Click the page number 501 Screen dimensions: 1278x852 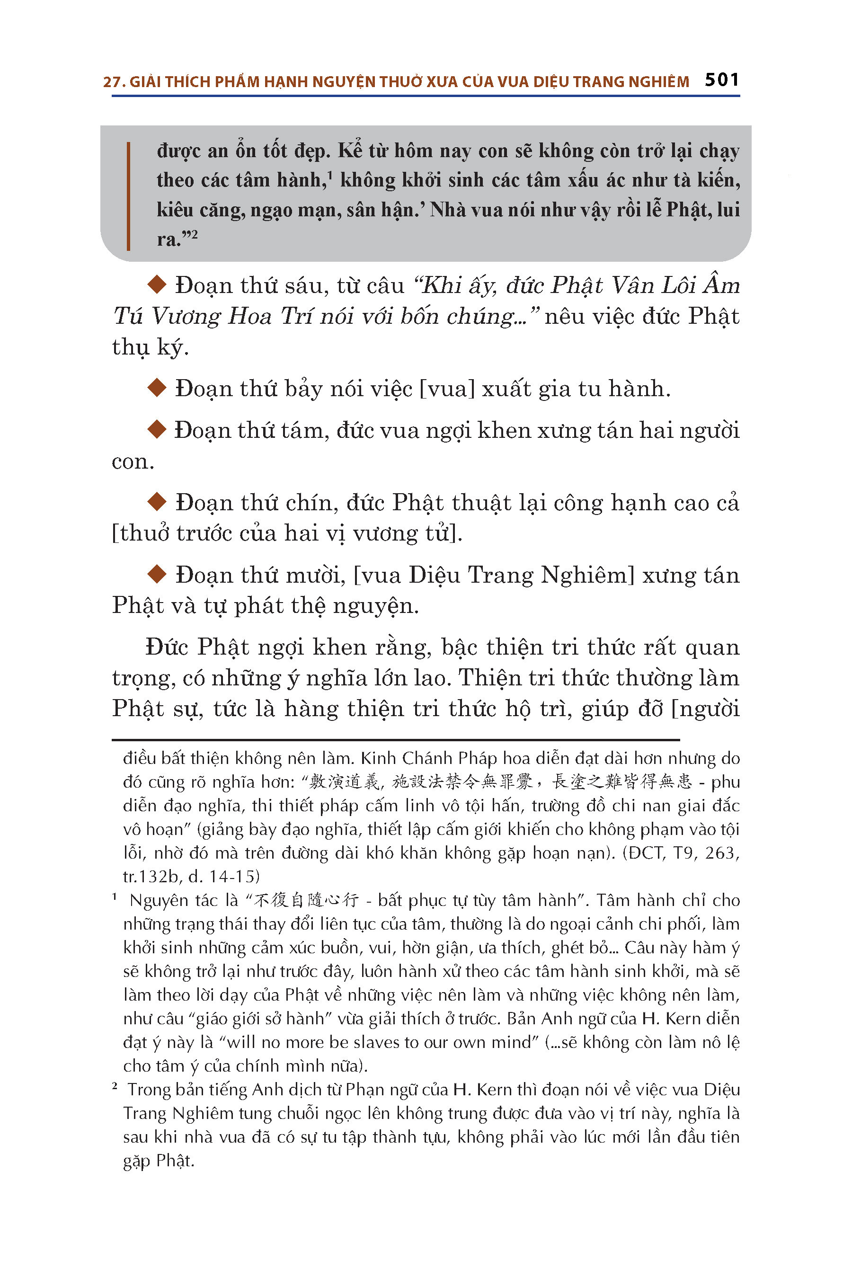click(721, 80)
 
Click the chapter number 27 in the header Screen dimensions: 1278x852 click(111, 82)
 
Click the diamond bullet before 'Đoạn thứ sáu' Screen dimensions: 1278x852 click(157, 284)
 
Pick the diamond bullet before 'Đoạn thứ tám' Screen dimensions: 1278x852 click(157, 429)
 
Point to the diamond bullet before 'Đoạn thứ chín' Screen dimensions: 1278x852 click(157, 502)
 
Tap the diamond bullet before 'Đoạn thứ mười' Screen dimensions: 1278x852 click(157, 574)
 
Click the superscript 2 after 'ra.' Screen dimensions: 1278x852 click(193, 235)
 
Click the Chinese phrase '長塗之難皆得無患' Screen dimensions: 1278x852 click(621, 782)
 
